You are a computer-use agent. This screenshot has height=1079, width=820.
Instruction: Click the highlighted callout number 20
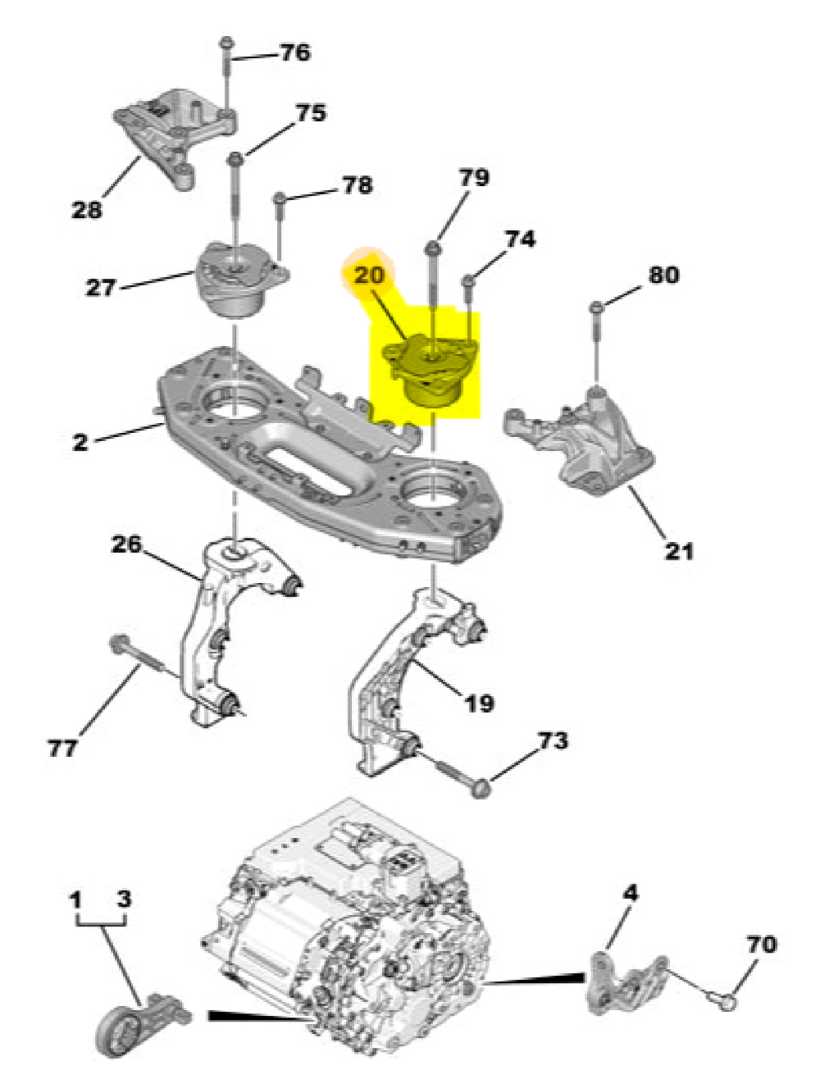pyautogui.click(x=369, y=275)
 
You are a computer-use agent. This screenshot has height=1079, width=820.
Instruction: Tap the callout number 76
pyautogui.click(x=295, y=52)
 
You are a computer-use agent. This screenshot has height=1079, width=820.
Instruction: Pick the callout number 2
pyautogui.click(x=80, y=442)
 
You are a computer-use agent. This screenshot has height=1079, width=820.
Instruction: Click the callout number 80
pyautogui.click(x=663, y=274)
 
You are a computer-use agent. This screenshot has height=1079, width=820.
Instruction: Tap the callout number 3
pyautogui.click(x=124, y=899)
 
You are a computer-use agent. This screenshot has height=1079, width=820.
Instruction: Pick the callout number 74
pyautogui.click(x=519, y=239)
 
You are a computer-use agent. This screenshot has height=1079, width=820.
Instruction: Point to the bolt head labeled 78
pyautogui.click(x=280, y=198)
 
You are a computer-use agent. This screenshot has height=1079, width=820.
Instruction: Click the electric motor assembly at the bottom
pyautogui.click(x=353, y=935)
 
